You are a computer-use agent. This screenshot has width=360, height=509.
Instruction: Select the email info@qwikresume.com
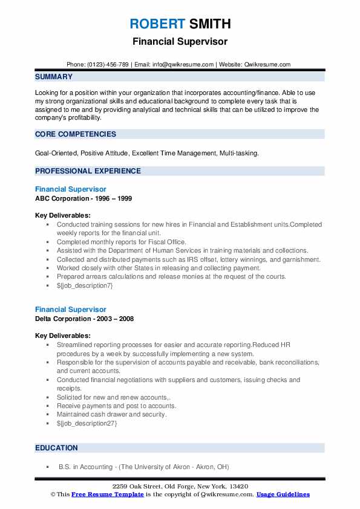(183, 65)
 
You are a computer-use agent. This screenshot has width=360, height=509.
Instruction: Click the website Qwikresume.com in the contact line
(269, 65)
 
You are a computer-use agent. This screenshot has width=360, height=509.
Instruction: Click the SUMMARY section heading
(54, 77)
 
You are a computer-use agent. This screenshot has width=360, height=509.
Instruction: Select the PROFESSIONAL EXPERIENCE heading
(88, 171)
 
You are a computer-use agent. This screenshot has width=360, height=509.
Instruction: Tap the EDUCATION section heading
(56, 448)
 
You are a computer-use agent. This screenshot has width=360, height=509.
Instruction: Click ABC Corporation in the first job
(63, 198)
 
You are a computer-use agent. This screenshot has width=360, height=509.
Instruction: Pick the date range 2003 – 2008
(117, 319)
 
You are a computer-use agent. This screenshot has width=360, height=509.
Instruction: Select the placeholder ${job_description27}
(87, 423)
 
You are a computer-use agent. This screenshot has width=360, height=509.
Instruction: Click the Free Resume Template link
(107, 494)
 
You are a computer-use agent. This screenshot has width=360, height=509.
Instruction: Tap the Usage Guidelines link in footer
(283, 494)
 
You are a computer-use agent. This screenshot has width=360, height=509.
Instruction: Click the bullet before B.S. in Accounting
(48, 467)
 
